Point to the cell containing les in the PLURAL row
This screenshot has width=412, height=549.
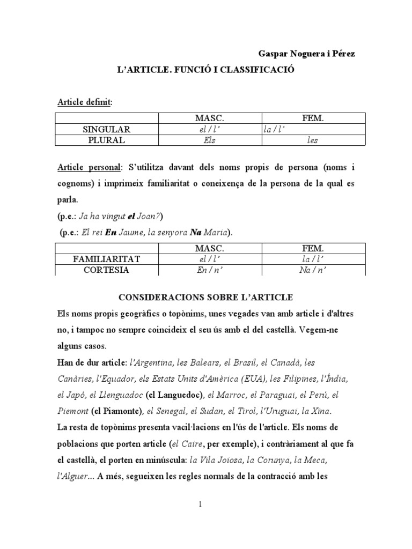pos(313,140)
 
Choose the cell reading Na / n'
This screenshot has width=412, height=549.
pos(313,270)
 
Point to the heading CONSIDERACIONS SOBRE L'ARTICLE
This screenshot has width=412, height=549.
pos(206,297)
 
